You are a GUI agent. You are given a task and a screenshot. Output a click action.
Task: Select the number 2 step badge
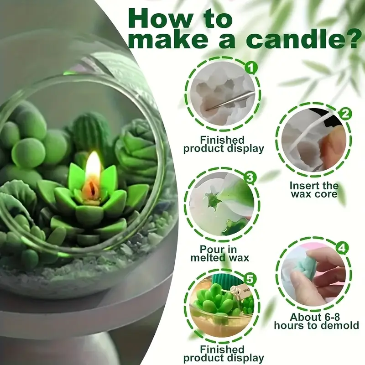346,114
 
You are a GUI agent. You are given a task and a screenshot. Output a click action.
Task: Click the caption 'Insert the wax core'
314,190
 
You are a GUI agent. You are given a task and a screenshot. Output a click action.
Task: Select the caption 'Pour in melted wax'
224,253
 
